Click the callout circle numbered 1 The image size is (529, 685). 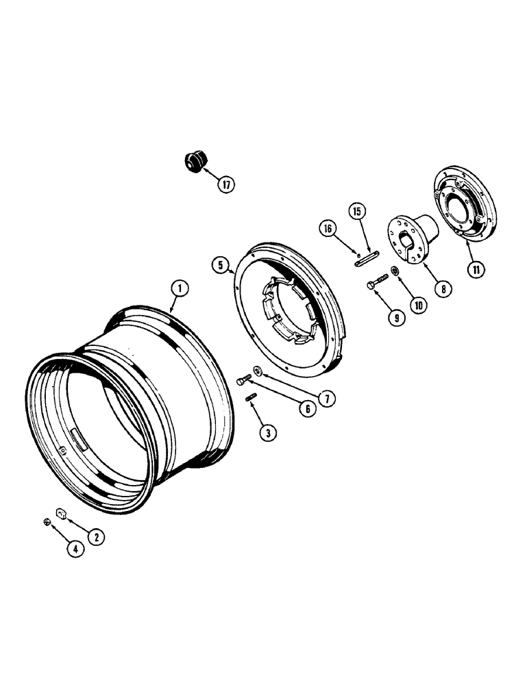(178, 289)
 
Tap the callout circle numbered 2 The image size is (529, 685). (96, 538)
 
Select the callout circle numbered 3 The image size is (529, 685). (269, 433)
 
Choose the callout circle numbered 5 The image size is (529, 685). (220, 264)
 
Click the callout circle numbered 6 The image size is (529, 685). (306, 409)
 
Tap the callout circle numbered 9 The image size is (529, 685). (395, 318)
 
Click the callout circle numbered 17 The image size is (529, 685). (225, 184)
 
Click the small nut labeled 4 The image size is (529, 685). (47, 523)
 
